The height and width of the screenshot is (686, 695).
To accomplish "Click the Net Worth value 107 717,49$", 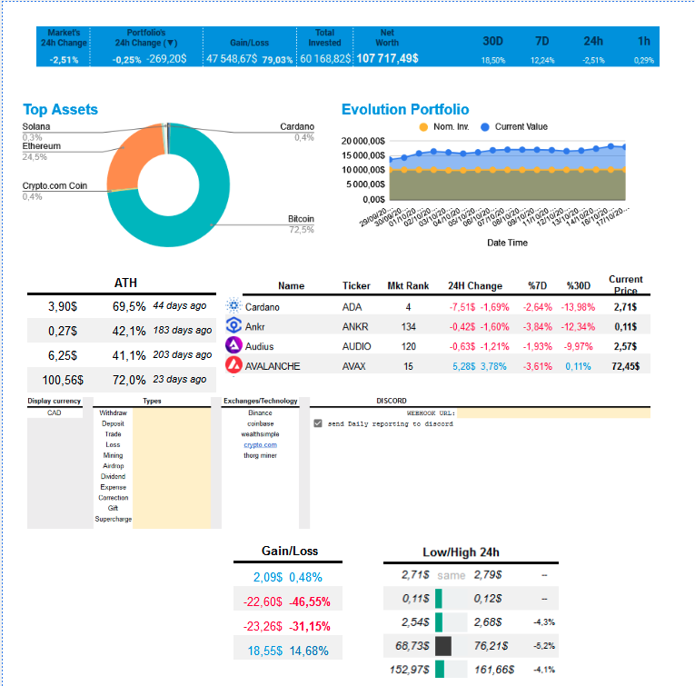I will coord(387,58).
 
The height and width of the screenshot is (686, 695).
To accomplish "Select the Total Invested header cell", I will coord(324,37).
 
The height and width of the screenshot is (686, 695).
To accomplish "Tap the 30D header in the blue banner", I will coord(493,41).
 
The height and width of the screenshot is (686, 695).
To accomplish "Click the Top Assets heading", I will coord(60,109).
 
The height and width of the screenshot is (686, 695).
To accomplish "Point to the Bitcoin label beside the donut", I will coord(301,218).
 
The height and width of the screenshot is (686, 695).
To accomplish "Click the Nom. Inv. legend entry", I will coord(444,126).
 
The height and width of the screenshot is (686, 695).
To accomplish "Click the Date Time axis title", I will coord(507,243).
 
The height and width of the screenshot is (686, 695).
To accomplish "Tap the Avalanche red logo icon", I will coord(233,365).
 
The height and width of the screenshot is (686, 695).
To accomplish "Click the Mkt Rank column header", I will coord(408,285).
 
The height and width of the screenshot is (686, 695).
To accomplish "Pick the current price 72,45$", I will coord(626,366).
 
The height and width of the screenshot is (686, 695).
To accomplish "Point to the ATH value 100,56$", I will coord(64,380).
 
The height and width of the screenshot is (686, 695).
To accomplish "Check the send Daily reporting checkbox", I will coord(317,423).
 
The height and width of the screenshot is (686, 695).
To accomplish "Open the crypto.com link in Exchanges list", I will coord(260,444).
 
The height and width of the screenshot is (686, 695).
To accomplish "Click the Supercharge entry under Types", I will coord(113,519).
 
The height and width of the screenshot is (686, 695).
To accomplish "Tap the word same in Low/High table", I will coord(451,575).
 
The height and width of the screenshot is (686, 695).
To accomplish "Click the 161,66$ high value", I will coord(494,670).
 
